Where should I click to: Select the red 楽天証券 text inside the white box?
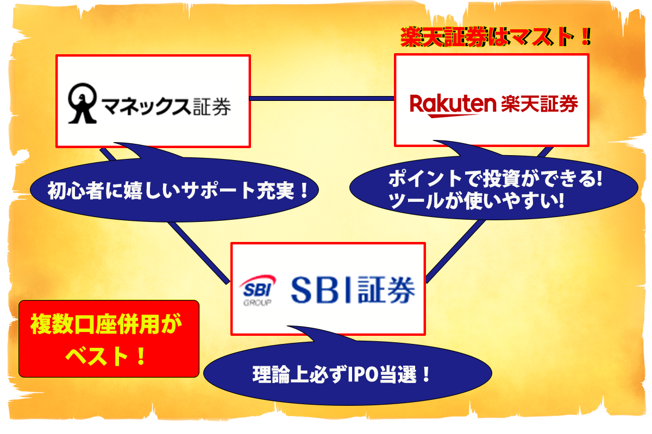click(540, 103)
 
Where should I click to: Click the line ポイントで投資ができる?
click(495, 178)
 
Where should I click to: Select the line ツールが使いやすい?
click(478, 202)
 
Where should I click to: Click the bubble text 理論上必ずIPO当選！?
click(342, 374)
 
